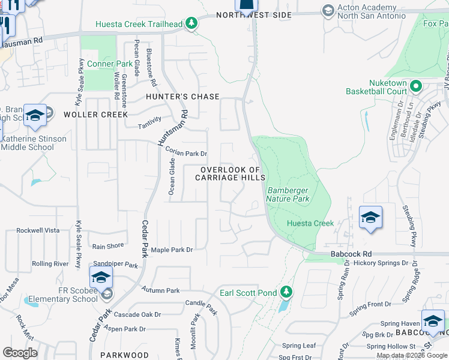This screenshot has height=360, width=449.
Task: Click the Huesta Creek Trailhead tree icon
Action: [191, 23]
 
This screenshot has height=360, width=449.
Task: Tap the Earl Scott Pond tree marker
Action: [287, 292]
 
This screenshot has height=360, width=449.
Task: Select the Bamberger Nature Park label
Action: [288, 194]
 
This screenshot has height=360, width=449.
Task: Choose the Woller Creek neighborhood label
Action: [95, 114]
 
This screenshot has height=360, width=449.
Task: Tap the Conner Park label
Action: [109, 64]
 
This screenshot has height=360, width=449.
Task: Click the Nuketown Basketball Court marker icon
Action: [415, 88]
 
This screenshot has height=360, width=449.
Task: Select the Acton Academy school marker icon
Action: [328, 10]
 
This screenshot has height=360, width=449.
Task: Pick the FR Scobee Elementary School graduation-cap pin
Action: [101, 278]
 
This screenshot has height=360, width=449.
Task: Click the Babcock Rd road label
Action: [351, 254]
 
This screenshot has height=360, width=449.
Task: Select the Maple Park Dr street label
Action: [172, 250]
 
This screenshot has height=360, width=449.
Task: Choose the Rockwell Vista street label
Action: [38, 230]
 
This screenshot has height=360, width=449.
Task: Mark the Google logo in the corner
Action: [20, 353]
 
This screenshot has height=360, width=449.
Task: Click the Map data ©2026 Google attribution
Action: [412, 355]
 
